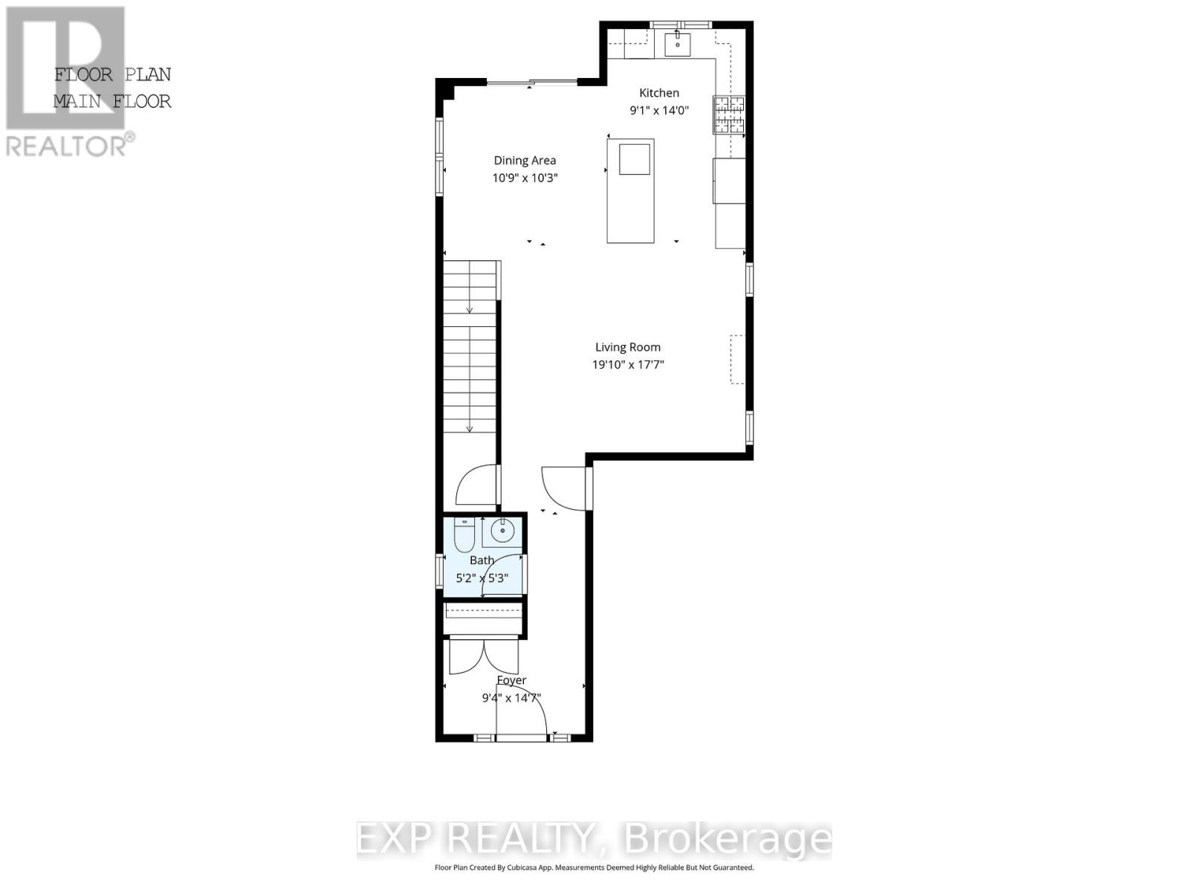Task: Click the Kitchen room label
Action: (x=659, y=93)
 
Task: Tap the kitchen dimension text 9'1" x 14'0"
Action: (x=659, y=111)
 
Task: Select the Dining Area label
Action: (x=525, y=161)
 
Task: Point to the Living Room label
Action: (x=627, y=347)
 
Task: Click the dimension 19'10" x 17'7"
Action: (x=627, y=365)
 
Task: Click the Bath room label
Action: (x=482, y=560)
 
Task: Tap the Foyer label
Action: (x=511, y=680)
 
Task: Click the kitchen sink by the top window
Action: (x=677, y=43)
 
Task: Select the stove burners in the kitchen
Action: (x=729, y=115)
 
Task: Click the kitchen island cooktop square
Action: (x=635, y=159)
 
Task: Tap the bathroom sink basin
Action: (x=503, y=531)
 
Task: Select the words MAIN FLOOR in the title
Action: (x=112, y=101)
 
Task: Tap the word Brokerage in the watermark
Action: (x=728, y=839)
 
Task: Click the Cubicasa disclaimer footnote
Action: (x=594, y=867)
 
